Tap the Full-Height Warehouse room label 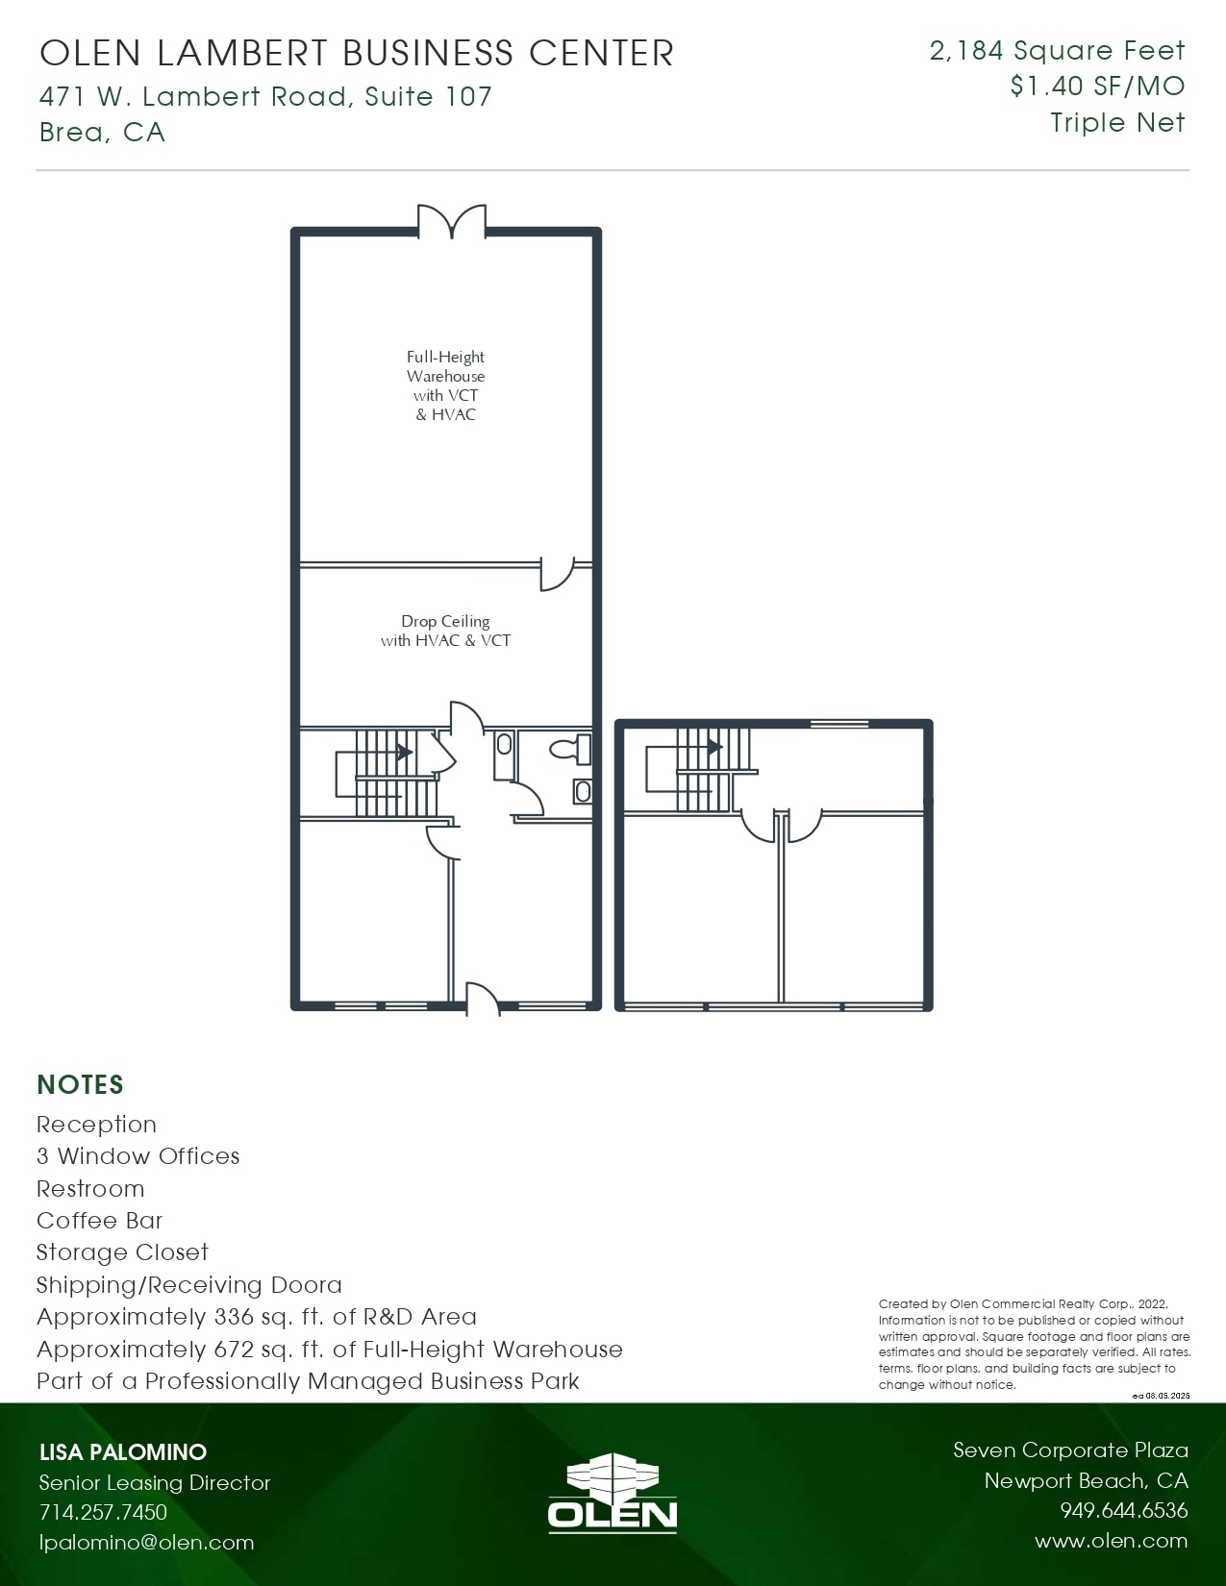point(445,385)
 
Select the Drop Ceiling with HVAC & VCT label point(445,631)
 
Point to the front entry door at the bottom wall point(483,1000)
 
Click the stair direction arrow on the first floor point(405,752)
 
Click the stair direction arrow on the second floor point(714,746)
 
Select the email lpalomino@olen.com point(146,1542)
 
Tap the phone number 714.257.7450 point(103,1512)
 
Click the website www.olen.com point(1111,1541)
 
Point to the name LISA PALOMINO point(123,1451)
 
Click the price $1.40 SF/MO point(1097,87)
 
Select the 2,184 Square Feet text point(1057,51)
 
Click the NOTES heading point(80,1084)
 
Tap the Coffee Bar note point(99,1220)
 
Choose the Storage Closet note point(122,1251)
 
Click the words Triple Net point(1117,123)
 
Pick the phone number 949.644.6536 point(1123,1510)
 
